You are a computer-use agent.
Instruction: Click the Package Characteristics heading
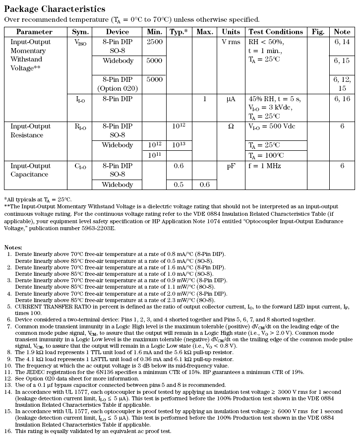[x=55, y=9]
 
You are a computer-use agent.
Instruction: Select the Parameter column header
[x=34, y=32]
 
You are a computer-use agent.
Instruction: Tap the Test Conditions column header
[x=275, y=32]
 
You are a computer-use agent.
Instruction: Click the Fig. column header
[x=318, y=32]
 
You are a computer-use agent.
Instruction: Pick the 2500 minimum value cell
[x=154, y=42]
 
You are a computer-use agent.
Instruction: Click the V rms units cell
[x=231, y=42]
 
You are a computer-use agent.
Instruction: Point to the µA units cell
[x=231, y=99]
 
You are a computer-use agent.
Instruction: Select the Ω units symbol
[x=231, y=126]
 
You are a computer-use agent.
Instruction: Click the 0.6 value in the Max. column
[x=205, y=185]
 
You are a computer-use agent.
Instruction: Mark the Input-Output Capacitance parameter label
[x=30, y=170]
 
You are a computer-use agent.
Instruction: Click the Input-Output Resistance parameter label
[x=30, y=130]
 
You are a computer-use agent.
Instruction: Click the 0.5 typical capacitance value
[x=179, y=185]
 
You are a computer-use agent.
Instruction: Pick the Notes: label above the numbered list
[x=14, y=247]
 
